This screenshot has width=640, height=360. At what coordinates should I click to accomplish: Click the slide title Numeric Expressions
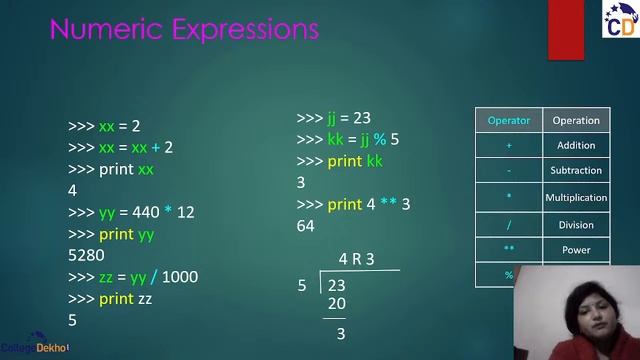pyautogui.click(x=184, y=29)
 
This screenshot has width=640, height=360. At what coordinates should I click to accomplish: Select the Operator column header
pyautogui.click(x=508, y=121)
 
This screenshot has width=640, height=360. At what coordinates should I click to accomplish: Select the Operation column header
pyautogui.click(x=576, y=121)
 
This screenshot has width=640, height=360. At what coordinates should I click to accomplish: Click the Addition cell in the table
pyautogui.click(x=576, y=146)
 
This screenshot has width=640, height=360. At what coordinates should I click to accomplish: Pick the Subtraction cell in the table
pyautogui.click(x=576, y=171)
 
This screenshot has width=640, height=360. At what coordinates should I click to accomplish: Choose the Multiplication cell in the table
pyautogui.click(x=576, y=198)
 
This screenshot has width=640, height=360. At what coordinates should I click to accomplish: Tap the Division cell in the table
pyautogui.click(x=576, y=225)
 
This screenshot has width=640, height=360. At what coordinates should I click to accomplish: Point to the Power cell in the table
pyautogui.click(x=576, y=250)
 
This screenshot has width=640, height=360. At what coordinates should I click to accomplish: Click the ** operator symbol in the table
pyautogui.click(x=508, y=250)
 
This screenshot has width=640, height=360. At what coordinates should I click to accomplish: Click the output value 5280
pyautogui.click(x=86, y=255)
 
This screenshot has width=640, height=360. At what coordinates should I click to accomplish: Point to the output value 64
pyautogui.click(x=306, y=226)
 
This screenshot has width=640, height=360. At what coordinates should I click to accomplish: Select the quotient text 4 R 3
pyautogui.click(x=356, y=260)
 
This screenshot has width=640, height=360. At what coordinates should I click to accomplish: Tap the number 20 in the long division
pyautogui.click(x=336, y=304)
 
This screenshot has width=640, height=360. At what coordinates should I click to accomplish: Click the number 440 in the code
pyautogui.click(x=144, y=212)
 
